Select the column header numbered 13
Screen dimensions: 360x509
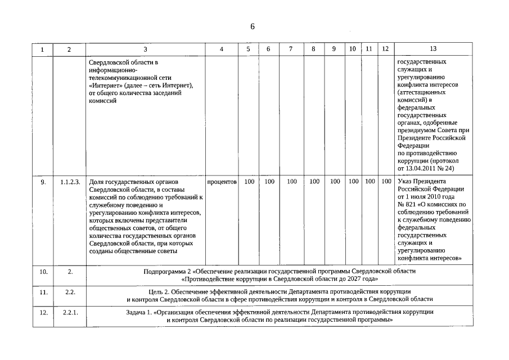tap(433, 49)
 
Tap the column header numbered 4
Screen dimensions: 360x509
tap(221, 49)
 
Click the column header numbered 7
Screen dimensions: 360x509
tap(291, 49)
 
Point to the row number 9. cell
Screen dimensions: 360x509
tap(43, 182)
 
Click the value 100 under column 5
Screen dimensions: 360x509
tap(249, 182)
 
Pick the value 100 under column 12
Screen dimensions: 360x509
tap(386, 182)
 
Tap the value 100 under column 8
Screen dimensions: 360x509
tap(314, 182)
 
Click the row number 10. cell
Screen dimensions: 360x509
tap(43, 272)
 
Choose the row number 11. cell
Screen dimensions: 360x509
tap(43, 292)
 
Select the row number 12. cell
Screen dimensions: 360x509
tap(43, 312)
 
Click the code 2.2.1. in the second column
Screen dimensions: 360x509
tap(70, 312)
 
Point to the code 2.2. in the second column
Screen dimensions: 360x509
tap(70, 292)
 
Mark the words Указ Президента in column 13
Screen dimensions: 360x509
tap(421, 182)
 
